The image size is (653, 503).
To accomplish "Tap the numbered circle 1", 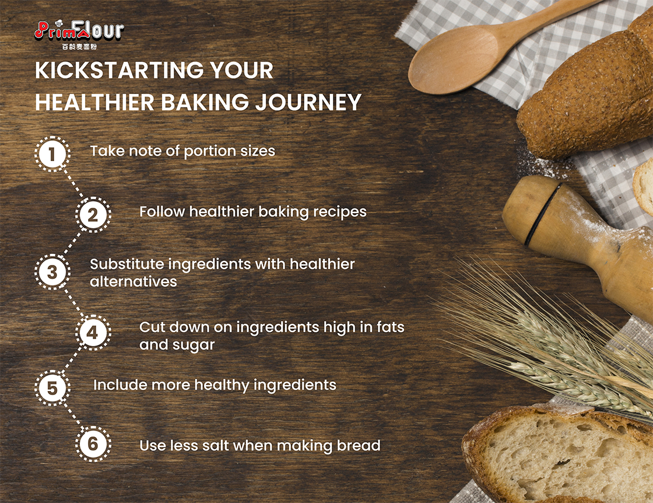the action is point(52,154).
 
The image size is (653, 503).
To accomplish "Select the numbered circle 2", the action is point(93,215).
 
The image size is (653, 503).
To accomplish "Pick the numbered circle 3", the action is point(52,272).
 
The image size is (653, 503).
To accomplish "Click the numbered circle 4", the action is point(93,332).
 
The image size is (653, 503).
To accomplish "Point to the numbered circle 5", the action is point(52,388).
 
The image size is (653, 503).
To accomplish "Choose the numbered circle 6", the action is point(93,444).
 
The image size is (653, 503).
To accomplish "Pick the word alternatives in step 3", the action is point(134,282).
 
